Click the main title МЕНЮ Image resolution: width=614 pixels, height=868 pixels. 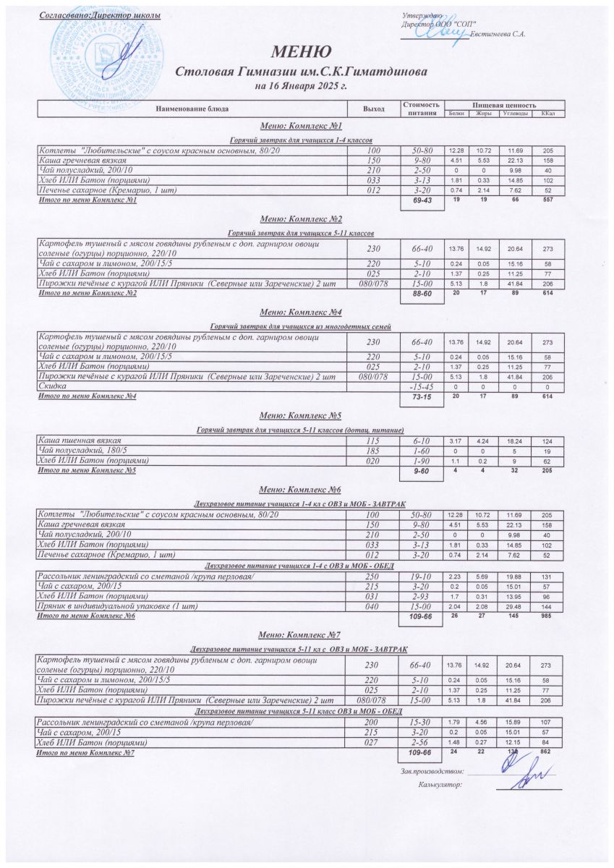(x=301, y=51)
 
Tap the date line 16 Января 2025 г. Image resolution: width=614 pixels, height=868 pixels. (x=301, y=86)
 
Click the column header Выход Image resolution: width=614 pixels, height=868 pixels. (x=374, y=109)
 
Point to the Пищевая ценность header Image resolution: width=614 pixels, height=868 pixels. (x=504, y=105)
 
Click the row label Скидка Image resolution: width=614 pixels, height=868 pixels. (x=50, y=387)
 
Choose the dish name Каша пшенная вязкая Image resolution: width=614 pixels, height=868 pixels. (x=79, y=440)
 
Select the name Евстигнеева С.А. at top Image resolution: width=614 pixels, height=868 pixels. (x=498, y=34)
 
